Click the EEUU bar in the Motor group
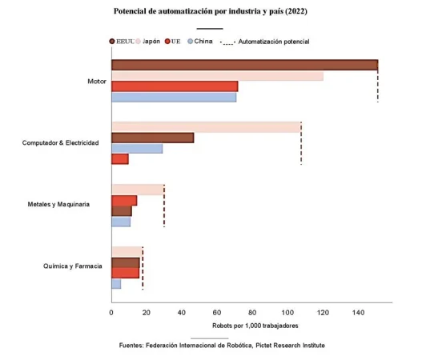[244, 66]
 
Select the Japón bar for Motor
[217, 76]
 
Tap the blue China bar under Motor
[174, 97]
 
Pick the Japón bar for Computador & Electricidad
[206, 127]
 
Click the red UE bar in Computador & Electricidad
[119, 158]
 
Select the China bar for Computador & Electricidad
[137, 148]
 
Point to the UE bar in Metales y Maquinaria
[124, 200]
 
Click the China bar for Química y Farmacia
[116, 283]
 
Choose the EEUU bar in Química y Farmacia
[126, 262]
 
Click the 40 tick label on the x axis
[182, 312]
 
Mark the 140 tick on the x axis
[358, 312]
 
